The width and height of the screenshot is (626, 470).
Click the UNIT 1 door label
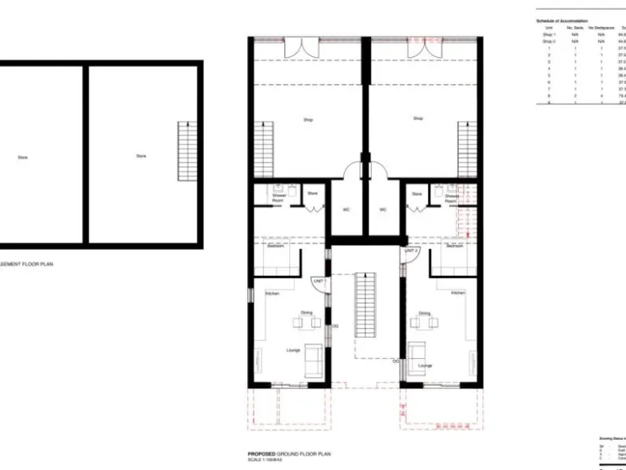319,281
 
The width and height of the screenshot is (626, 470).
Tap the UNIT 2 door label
411,251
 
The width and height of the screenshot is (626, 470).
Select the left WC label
346,210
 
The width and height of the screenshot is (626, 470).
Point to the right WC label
383,210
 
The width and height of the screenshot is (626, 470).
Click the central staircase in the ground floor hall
366,306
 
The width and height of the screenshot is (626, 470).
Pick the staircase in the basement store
187,151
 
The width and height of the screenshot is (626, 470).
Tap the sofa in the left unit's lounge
314,361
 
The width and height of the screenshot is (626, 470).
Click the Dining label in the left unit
306,313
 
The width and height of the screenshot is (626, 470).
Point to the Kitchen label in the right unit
458,292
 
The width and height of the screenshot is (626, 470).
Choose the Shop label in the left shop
308,120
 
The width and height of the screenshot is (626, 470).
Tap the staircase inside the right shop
466,149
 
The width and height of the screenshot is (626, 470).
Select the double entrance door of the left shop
298,48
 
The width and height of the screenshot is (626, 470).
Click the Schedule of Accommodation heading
562,20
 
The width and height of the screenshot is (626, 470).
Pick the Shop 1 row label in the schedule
549,35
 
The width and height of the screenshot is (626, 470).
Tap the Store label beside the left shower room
312,193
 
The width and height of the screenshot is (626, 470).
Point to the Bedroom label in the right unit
454,246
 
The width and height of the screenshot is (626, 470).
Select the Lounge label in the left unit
293,350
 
